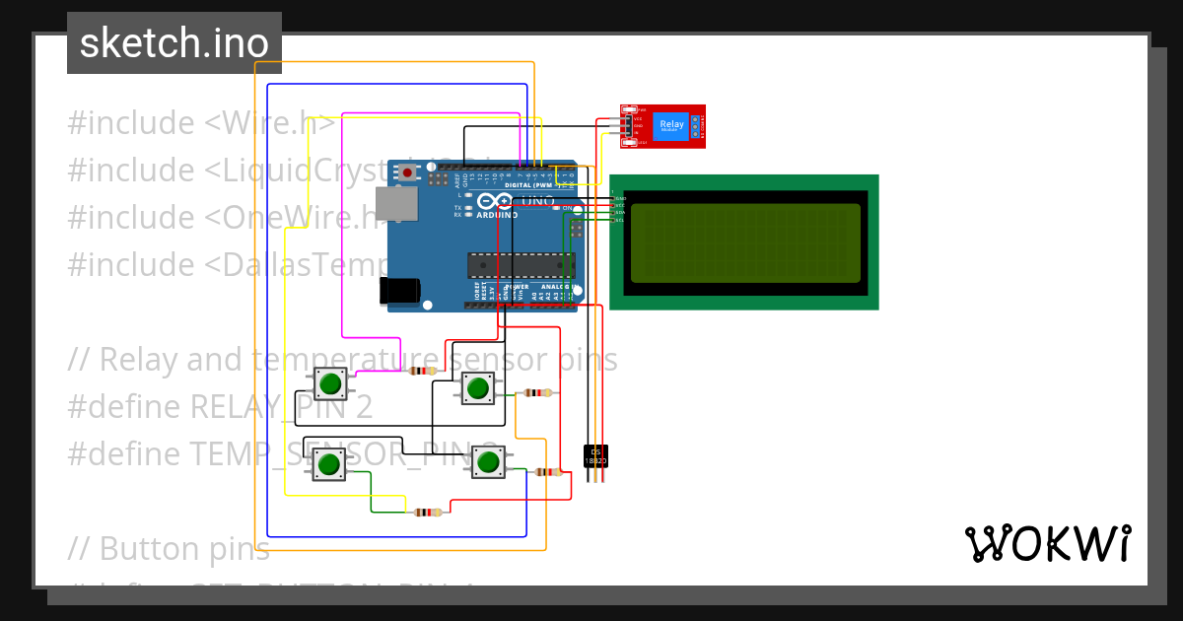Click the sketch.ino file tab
(x=174, y=43)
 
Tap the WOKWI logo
(x=1047, y=543)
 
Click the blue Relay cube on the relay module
(x=671, y=124)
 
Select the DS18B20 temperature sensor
(x=595, y=456)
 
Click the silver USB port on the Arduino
(x=397, y=203)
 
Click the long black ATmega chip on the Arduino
(x=521, y=265)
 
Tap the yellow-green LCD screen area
(x=745, y=242)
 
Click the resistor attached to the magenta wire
(x=422, y=371)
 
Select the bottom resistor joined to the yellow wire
(x=426, y=513)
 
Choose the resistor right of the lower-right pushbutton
(x=547, y=472)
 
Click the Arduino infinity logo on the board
(x=490, y=202)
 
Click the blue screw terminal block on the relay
(x=696, y=124)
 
